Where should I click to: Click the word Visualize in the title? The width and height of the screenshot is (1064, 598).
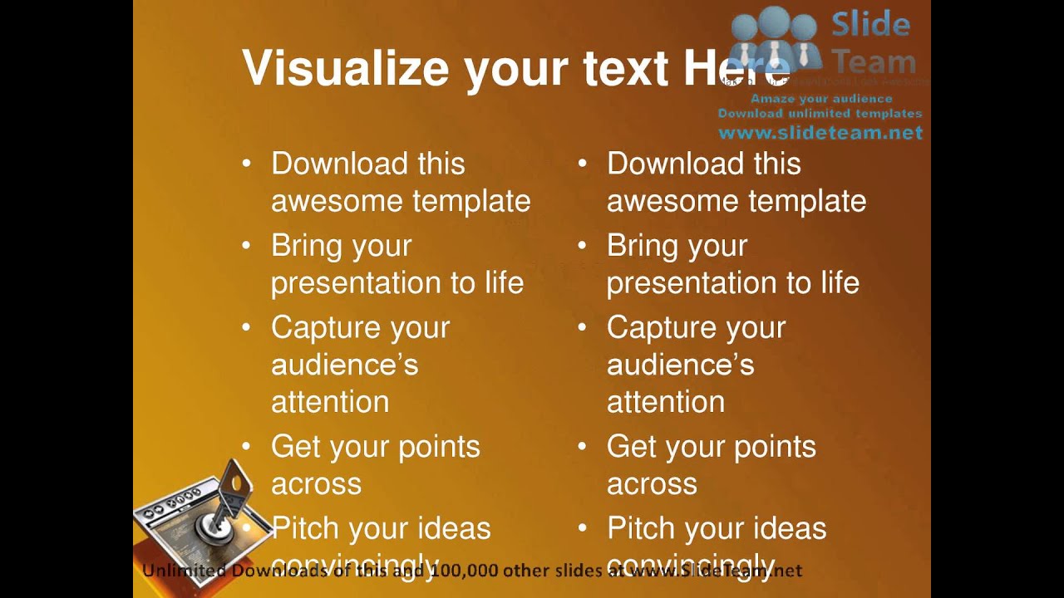(x=346, y=68)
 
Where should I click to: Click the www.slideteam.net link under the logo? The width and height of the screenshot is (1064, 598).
(x=820, y=133)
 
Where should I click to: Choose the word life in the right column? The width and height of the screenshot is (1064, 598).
(x=840, y=283)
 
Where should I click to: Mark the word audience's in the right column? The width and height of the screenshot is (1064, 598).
(x=680, y=365)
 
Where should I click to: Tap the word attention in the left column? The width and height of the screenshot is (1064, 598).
(x=330, y=402)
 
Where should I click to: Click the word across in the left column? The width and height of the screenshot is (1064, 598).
(x=316, y=484)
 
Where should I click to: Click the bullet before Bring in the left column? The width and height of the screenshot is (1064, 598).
(x=246, y=246)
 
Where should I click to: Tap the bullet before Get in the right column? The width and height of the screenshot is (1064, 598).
(x=582, y=447)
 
